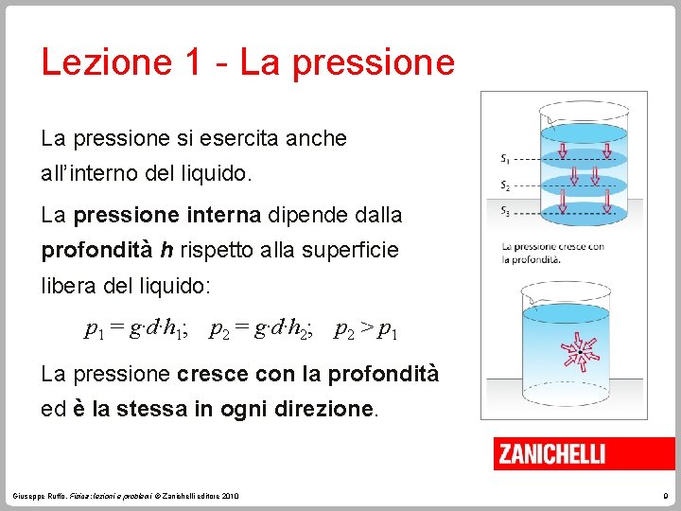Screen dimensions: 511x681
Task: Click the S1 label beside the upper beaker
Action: [507, 157]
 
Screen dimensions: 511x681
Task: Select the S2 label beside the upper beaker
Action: [507, 185]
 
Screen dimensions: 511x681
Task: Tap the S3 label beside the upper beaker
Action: [507, 211]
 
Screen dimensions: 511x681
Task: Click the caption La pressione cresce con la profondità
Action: [553, 253]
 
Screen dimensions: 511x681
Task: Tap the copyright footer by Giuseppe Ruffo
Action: [127, 496]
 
